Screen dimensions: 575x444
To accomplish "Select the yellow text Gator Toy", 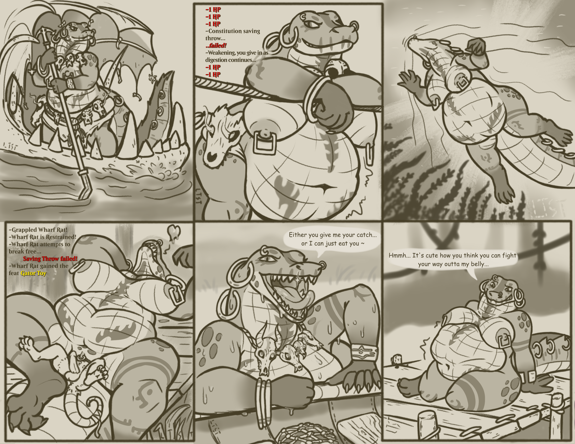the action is (x=33, y=273).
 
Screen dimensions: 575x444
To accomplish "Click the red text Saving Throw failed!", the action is (x=50, y=259).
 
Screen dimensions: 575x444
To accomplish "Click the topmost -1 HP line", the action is (x=213, y=10).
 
